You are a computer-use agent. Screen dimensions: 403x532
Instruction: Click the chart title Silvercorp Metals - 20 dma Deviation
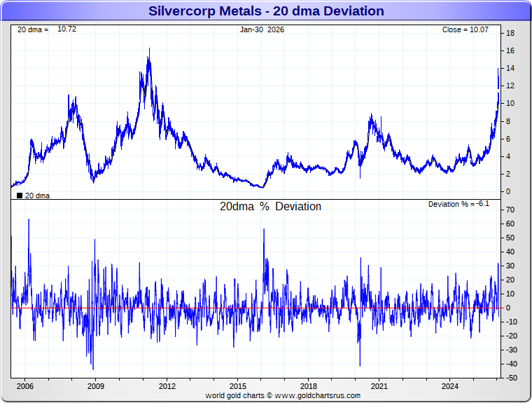coord(266,11)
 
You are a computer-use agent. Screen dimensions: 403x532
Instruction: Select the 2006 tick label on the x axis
coord(24,386)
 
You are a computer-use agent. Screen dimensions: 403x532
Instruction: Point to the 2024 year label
coord(450,386)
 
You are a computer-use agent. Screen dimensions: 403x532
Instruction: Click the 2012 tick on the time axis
coord(167,386)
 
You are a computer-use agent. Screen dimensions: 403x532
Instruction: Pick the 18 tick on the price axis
coord(511,33)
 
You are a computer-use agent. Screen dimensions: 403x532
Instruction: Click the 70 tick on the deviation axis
coord(511,210)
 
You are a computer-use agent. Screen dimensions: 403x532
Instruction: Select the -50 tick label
coord(511,378)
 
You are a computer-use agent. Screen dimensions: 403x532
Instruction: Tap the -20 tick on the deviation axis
coord(511,336)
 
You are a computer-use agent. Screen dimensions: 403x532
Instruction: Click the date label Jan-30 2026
coord(262,29)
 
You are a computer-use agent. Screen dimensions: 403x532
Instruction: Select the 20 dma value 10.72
coord(66,29)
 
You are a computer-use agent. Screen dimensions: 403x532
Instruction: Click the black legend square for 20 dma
coord(20,196)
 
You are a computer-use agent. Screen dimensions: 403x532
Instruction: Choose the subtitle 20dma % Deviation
coord(270,207)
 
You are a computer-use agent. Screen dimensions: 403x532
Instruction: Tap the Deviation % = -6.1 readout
coord(458,204)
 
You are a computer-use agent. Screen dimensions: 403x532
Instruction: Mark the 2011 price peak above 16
coord(148,49)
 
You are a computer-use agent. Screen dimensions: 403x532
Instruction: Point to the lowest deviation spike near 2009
coord(93,369)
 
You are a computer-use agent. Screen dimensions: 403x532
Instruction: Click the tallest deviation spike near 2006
coord(29,219)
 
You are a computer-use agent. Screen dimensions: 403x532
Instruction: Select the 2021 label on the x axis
coord(379,386)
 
